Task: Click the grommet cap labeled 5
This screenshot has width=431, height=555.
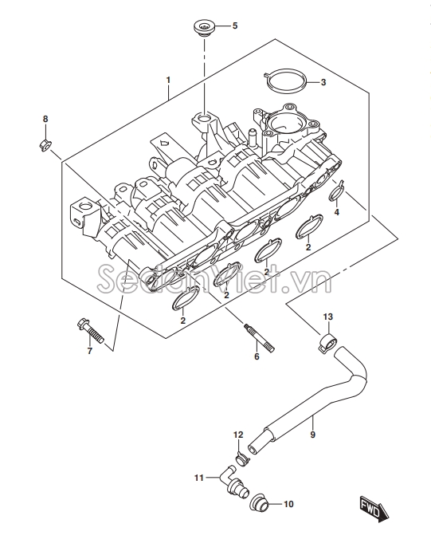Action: (x=204, y=28)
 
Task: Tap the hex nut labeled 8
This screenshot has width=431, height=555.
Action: (x=45, y=145)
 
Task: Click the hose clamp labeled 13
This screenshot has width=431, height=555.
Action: (x=328, y=341)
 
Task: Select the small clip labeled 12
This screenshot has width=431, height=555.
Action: (x=242, y=459)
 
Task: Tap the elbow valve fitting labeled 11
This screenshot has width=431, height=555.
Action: (x=234, y=482)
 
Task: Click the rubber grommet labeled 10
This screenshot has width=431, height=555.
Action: (x=261, y=502)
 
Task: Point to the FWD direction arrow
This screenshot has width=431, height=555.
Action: (x=374, y=509)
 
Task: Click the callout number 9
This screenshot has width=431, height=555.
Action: (x=312, y=434)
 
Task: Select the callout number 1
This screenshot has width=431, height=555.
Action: (x=168, y=81)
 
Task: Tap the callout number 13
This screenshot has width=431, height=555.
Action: (x=328, y=317)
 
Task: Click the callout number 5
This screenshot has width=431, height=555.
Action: (x=235, y=26)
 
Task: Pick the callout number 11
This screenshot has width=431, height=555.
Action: (x=199, y=478)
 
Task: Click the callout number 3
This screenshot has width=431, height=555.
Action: (x=323, y=82)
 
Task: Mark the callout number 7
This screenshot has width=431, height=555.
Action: (x=90, y=351)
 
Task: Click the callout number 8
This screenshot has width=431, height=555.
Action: (x=45, y=120)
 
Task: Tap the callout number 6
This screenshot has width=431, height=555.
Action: (x=257, y=356)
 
